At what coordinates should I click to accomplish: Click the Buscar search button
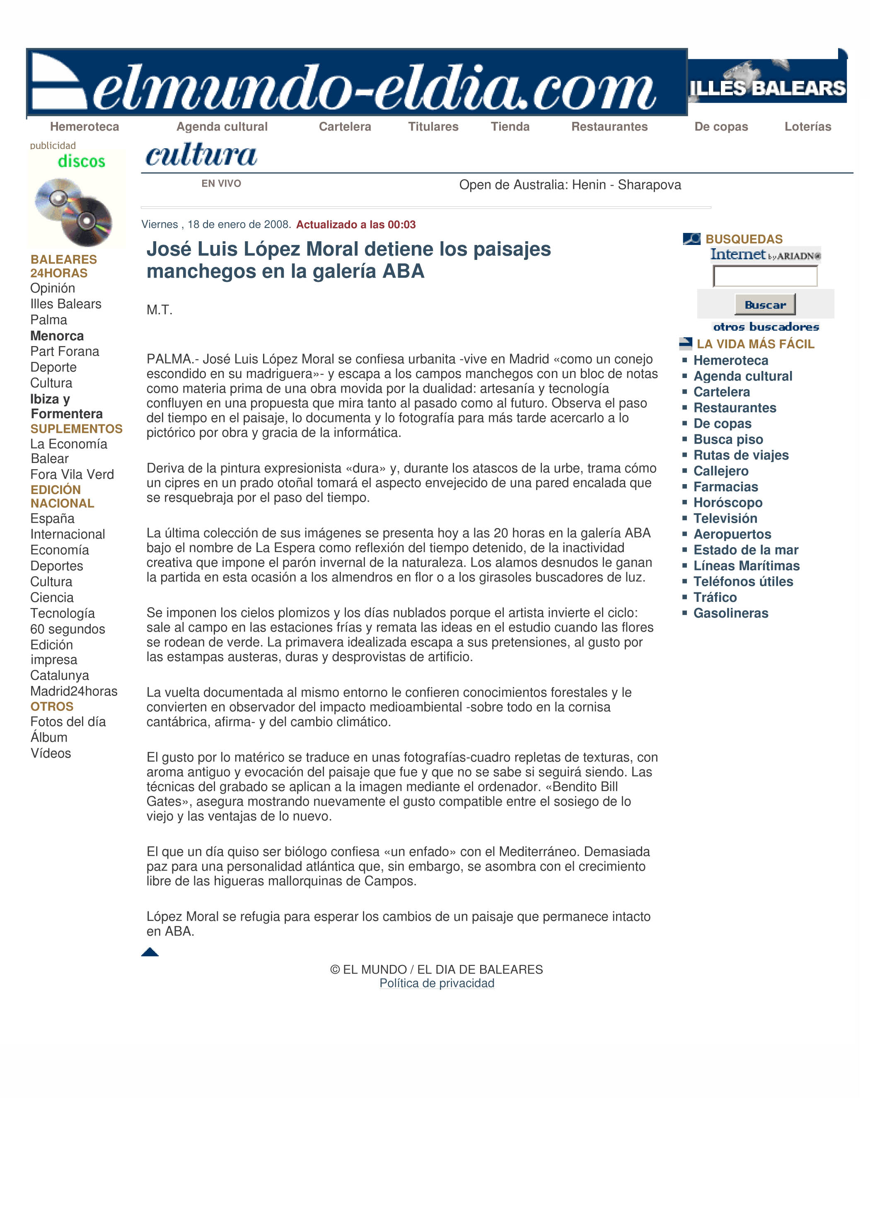[764, 305]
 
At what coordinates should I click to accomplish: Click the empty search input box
[764, 276]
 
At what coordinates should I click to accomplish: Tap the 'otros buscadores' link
[766, 327]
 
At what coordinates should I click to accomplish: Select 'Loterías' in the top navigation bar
[807, 126]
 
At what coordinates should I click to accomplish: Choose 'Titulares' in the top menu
[433, 126]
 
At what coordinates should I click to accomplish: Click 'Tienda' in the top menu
[510, 126]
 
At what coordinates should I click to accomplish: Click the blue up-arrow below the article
[150, 952]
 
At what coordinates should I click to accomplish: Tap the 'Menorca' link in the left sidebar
[57, 336]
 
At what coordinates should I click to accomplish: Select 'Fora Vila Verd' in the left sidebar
[72, 474]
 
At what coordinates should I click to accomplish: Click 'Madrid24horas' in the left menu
[73, 691]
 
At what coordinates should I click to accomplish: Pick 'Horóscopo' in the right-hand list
[727, 502]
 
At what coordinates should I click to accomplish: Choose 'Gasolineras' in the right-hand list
[731, 613]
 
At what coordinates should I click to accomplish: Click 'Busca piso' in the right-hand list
[728, 439]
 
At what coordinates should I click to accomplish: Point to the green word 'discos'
[82, 161]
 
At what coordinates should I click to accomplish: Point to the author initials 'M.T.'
[159, 310]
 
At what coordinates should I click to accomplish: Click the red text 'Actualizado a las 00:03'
[355, 225]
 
